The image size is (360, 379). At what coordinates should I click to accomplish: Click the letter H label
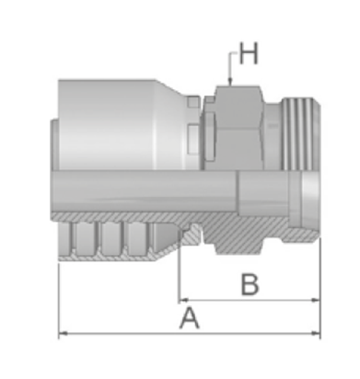pos(248,53)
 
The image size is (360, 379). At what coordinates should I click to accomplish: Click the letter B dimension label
pos(250,285)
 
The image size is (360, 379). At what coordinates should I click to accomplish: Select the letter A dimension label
pos(190,318)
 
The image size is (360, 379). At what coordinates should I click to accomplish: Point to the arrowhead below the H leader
pos(229,81)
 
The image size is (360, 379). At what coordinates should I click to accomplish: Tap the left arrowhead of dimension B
pos(184,300)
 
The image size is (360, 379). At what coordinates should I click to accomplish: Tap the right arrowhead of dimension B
pos(316,300)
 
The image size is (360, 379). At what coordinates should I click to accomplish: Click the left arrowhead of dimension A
pos(63,333)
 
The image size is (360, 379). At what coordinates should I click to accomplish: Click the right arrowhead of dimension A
pos(316,333)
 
